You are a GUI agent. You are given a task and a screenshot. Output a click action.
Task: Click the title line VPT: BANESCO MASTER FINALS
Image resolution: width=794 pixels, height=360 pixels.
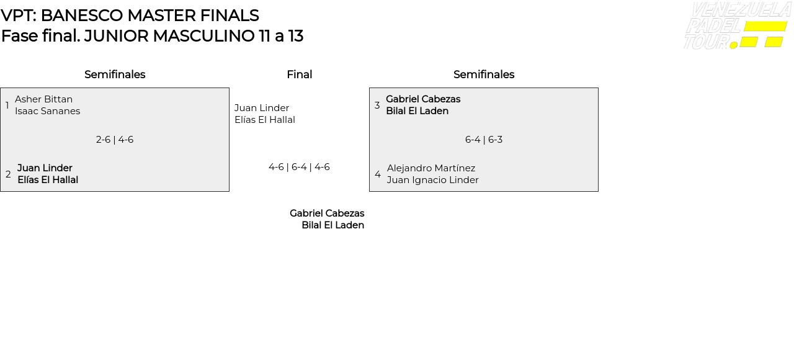click(x=130, y=16)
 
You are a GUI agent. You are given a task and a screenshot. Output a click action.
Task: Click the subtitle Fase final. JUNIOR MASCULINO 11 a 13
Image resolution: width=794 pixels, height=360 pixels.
click(x=152, y=36)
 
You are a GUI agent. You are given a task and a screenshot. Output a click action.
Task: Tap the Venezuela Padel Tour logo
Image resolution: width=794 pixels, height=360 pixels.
click(x=737, y=26)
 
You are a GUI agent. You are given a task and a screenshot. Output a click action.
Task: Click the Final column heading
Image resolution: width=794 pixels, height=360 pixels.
click(x=299, y=74)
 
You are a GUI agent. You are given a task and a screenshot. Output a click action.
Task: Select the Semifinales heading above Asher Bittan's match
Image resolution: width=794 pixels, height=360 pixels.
click(x=115, y=74)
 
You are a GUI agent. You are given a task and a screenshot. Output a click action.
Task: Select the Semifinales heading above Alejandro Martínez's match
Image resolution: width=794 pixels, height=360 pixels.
click(x=484, y=74)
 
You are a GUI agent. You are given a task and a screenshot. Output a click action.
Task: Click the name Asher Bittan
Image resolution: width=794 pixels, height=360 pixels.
click(x=43, y=99)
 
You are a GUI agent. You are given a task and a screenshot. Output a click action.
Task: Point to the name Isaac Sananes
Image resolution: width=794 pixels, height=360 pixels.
click(x=47, y=111)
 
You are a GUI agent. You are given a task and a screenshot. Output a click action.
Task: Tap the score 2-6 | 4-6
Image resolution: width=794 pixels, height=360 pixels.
click(x=115, y=140)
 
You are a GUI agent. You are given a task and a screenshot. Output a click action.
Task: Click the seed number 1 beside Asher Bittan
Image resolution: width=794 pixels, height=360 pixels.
click(x=7, y=106)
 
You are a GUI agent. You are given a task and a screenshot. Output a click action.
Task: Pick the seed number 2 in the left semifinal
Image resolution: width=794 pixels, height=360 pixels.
click(x=8, y=174)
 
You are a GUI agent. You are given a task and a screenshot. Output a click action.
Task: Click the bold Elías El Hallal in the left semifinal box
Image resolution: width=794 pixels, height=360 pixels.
click(x=48, y=180)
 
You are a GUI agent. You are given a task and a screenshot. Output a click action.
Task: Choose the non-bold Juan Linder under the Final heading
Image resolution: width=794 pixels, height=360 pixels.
click(x=262, y=108)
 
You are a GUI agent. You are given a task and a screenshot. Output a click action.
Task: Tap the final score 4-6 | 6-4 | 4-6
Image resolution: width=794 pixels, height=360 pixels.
click(x=299, y=167)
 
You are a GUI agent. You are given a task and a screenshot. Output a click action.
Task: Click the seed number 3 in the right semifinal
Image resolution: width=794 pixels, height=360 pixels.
click(x=377, y=106)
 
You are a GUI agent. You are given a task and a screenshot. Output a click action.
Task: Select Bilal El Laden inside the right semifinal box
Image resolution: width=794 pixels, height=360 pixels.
click(x=417, y=111)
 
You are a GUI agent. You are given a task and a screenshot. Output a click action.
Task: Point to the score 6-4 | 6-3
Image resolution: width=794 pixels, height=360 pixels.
click(x=484, y=140)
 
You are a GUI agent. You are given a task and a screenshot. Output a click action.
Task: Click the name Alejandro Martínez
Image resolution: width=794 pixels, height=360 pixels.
click(x=431, y=168)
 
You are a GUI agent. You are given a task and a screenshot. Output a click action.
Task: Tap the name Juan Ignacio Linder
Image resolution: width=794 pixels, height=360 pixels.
click(x=433, y=180)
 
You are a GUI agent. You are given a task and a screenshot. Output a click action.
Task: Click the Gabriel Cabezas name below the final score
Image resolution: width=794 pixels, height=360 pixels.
click(x=327, y=214)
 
